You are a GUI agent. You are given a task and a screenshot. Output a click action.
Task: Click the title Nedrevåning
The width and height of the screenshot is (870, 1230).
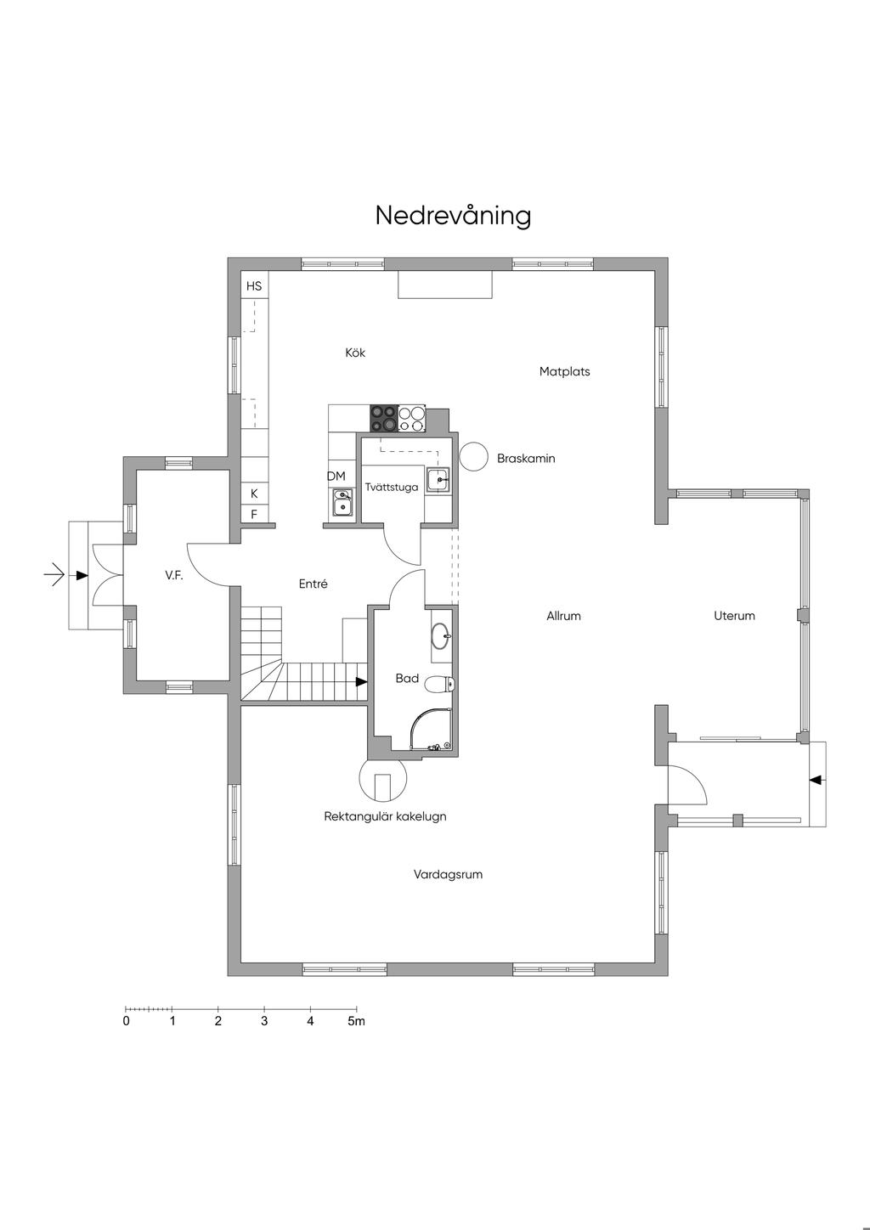453,216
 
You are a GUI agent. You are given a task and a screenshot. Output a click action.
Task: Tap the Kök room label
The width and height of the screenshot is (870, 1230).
355,353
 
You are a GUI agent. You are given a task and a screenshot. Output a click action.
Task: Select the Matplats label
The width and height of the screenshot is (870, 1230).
564,371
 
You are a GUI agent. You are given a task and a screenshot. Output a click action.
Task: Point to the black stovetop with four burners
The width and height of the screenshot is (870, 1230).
383,419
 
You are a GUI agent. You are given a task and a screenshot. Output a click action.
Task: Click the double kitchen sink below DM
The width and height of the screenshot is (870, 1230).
342,503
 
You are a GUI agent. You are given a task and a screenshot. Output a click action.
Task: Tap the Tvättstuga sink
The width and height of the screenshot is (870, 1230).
438,480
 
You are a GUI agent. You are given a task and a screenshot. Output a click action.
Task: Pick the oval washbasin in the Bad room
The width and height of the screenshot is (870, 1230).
442,636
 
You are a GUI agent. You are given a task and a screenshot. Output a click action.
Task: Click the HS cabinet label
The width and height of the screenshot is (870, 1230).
254,286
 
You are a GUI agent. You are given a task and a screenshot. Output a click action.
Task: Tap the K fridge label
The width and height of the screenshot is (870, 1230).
254,494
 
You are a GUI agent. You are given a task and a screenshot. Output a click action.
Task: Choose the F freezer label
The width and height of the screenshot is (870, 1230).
254,515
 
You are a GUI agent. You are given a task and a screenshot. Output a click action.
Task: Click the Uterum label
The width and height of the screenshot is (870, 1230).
734,616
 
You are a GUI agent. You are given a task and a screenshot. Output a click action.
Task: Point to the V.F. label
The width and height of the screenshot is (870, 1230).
173,575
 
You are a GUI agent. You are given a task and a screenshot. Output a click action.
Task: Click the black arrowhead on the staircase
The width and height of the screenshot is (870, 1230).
361,681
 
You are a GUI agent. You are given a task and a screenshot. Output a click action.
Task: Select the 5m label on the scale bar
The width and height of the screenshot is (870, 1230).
356,1021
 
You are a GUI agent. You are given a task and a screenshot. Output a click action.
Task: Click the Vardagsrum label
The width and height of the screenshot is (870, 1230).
449,874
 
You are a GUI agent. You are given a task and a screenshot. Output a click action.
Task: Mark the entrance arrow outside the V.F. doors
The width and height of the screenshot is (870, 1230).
54,575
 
